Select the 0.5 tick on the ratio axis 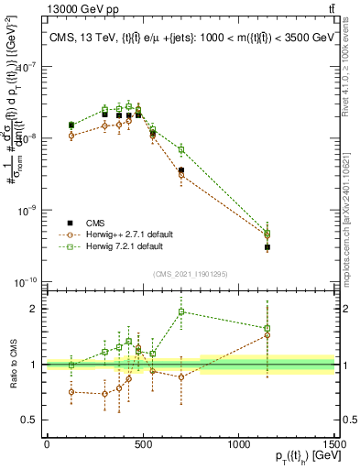[32, 421]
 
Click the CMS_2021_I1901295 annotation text [190, 274]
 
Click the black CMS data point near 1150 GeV [267, 247]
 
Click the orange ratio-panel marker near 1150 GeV [267, 335]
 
